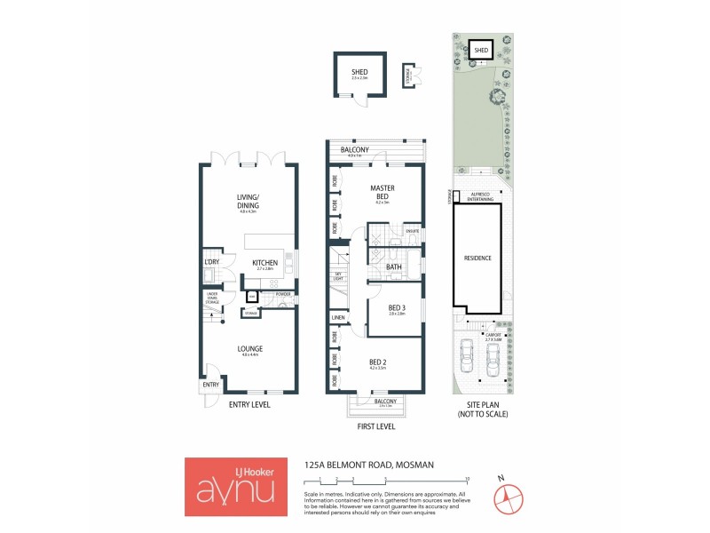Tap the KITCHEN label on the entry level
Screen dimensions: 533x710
[x=264, y=263]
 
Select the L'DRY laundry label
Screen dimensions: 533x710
[x=211, y=263]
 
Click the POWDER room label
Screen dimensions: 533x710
[x=283, y=294]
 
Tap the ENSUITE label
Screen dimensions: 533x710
[x=412, y=231]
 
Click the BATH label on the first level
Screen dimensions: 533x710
[x=394, y=266]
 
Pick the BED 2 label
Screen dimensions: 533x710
[x=378, y=362]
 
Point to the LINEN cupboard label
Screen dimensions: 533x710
[x=338, y=318]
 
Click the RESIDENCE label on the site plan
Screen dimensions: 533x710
[x=477, y=259]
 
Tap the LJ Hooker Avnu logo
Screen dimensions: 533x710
[x=236, y=486]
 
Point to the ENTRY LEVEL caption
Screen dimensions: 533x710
[x=249, y=405]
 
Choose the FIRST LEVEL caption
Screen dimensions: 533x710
[x=375, y=427]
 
